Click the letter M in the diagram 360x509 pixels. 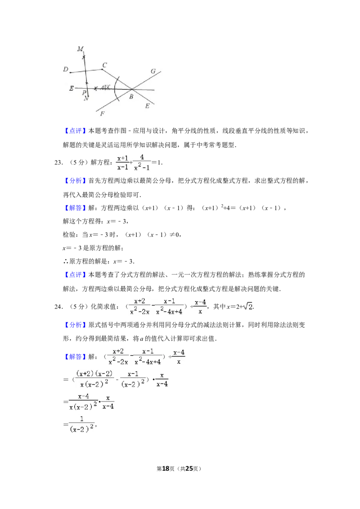(x=80, y=48)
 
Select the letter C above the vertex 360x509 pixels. (x=104, y=66)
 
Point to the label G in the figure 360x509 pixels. (x=153, y=71)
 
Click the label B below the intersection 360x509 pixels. (x=131, y=97)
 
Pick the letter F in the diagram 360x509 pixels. (x=102, y=114)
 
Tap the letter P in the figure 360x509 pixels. (x=84, y=93)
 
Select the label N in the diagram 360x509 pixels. (x=86, y=98)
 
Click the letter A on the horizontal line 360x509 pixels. (x=103, y=88)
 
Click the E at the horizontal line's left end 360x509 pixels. (x=72, y=89)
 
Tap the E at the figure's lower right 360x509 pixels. (x=147, y=106)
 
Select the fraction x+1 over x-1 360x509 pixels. (x=122, y=162)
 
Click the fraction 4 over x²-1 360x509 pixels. (x=142, y=162)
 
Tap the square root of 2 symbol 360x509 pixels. (x=248, y=306)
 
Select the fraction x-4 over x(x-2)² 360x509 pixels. (x=83, y=401)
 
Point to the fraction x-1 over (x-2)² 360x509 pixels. (x=133, y=379)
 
